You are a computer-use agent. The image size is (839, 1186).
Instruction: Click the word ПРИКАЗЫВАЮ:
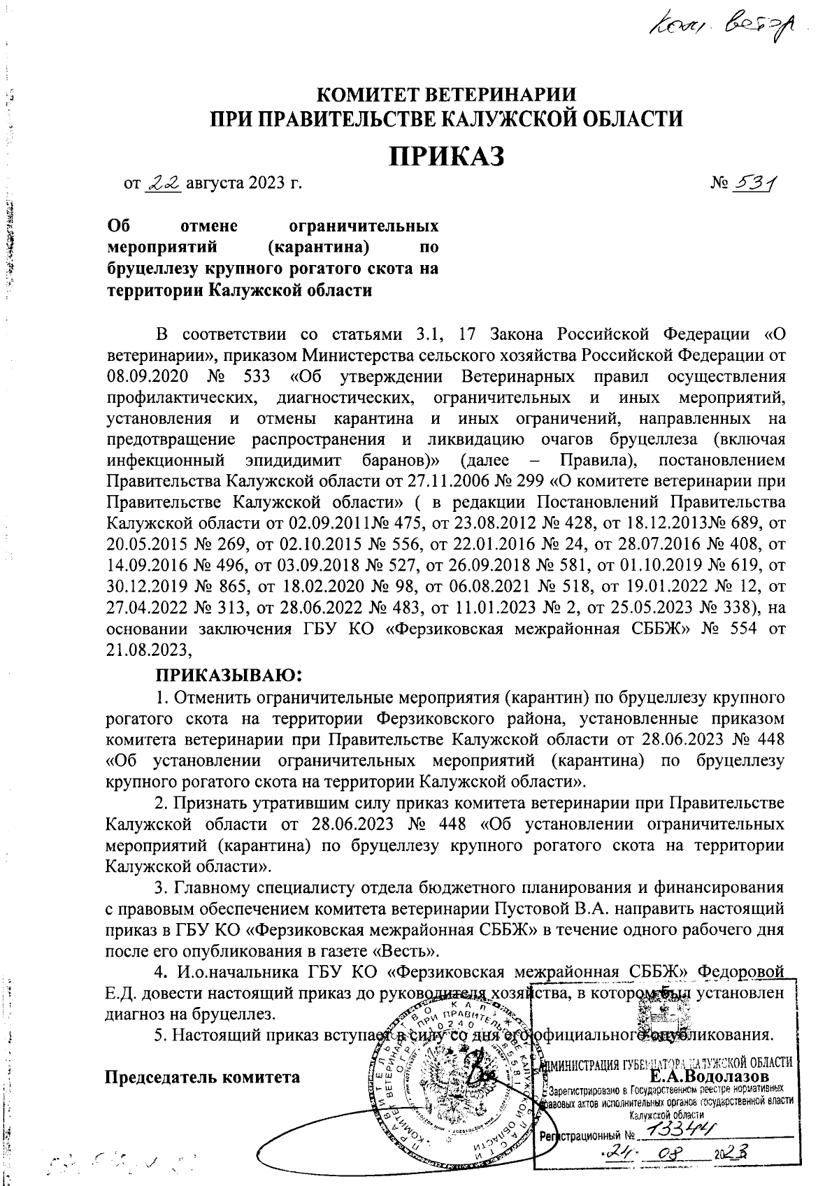(x=228, y=676)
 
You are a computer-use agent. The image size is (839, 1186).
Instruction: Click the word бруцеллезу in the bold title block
(x=153, y=268)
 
